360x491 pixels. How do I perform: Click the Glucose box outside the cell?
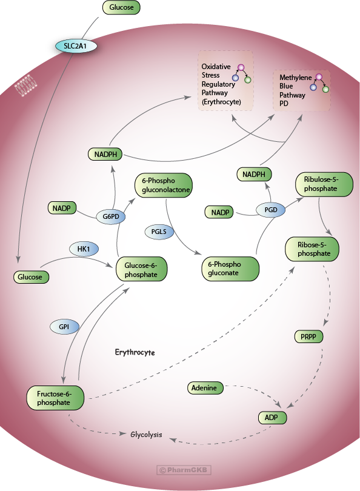coord(121,8)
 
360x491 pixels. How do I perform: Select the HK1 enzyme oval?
coord(84,249)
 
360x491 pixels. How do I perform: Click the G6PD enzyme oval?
coord(110,216)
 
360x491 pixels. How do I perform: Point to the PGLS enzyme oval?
coord(159,231)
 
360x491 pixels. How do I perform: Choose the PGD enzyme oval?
coord(270,210)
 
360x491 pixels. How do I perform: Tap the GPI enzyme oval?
coord(64,326)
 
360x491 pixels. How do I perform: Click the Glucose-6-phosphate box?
coord(141,270)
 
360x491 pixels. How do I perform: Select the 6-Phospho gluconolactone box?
coord(163,185)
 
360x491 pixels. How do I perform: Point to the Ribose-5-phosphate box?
coord(312,249)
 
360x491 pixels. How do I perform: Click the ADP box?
coord(271,418)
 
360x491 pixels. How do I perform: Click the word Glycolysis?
coord(146,435)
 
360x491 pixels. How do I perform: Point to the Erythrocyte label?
coord(135,352)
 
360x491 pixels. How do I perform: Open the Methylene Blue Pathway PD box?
coord(301,90)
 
